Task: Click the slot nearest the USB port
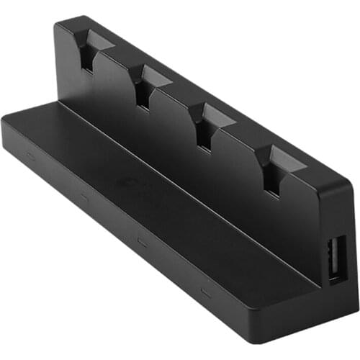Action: [280, 160]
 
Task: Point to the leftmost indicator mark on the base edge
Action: [30, 153]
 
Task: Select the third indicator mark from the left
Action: [142, 241]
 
